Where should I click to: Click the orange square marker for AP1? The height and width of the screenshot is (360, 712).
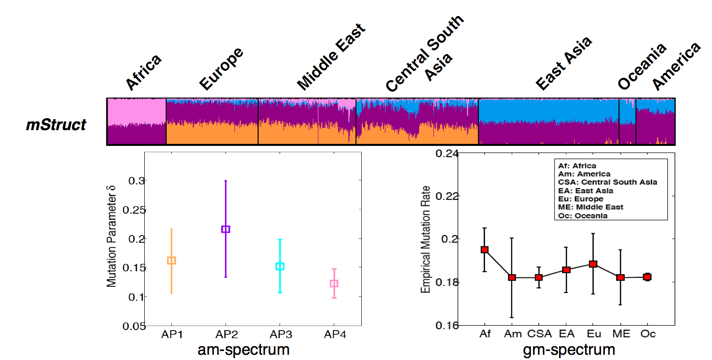click(172, 260)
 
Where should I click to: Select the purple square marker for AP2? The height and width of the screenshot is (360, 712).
click(226, 229)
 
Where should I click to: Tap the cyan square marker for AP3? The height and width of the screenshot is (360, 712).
click(280, 266)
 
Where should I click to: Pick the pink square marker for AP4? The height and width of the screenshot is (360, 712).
click(334, 284)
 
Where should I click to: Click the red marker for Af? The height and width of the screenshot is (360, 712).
click(485, 249)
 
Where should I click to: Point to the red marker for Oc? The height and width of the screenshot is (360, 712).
click(647, 277)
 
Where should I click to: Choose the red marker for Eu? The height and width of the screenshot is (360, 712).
click(593, 264)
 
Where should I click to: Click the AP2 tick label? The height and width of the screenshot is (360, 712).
click(226, 334)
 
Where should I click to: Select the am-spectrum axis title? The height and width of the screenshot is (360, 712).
click(244, 351)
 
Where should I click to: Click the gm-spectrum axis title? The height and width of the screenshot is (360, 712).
click(570, 351)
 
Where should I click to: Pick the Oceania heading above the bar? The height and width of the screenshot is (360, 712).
click(642, 66)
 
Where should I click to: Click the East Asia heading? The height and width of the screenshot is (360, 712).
click(564, 63)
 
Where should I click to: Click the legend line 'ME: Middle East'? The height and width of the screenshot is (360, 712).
click(590, 207)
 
